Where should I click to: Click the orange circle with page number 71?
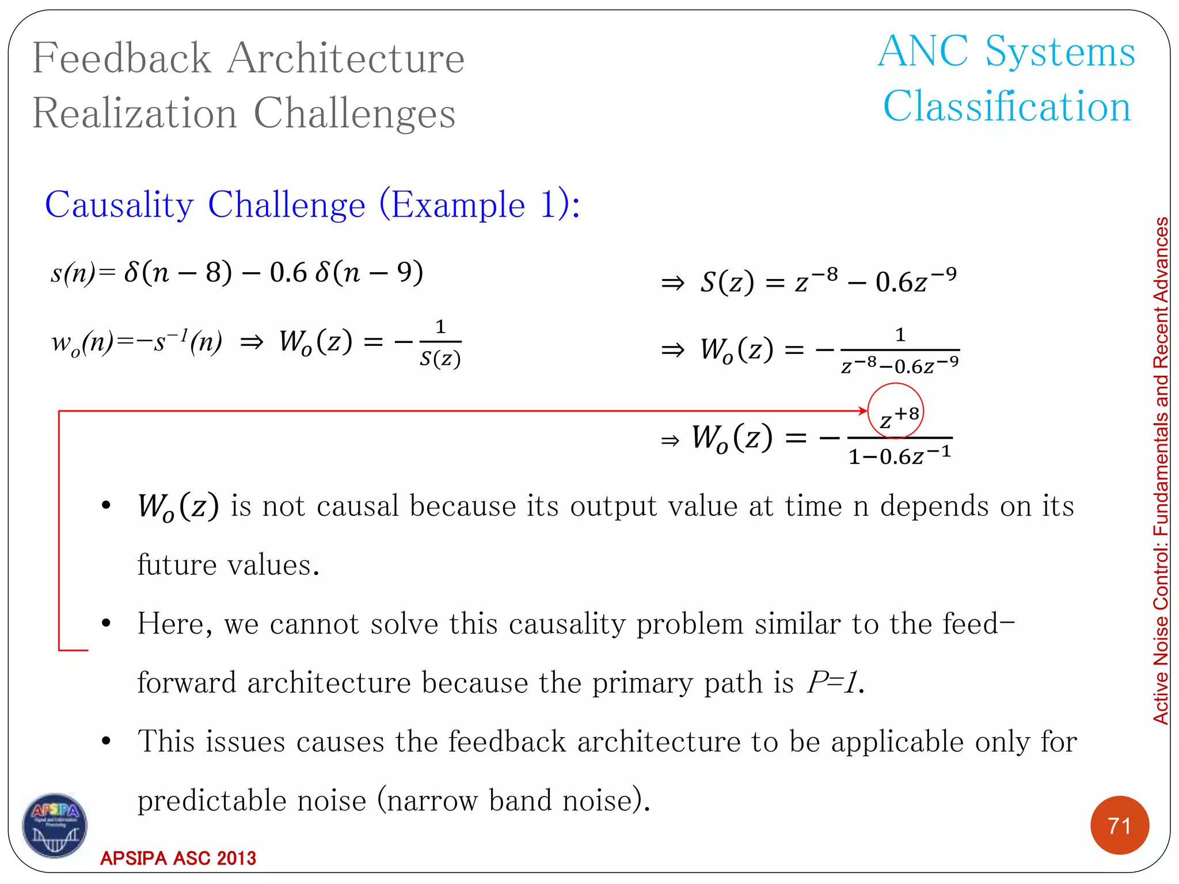pos(1119,825)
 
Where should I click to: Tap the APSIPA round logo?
pos(55,825)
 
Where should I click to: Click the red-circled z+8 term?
pos(896,411)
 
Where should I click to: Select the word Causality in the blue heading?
pos(119,205)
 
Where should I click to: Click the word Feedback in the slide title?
pos(122,58)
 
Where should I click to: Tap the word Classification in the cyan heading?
pos(1007,107)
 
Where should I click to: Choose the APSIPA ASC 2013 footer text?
pos(178,858)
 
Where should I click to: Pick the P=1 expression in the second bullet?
pos(834,683)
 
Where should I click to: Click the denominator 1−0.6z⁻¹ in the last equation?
pos(900,456)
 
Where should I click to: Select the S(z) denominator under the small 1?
pos(440,359)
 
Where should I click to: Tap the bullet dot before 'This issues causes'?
pos(106,741)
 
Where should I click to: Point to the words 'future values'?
pos(228,565)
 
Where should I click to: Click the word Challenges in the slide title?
pos(355,113)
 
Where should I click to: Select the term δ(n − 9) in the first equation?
pos(369,272)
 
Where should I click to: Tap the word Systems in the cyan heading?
pos(1060,52)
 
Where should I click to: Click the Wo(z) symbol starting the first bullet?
pos(178,507)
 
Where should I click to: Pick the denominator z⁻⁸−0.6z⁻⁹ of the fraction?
pos(900,365)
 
